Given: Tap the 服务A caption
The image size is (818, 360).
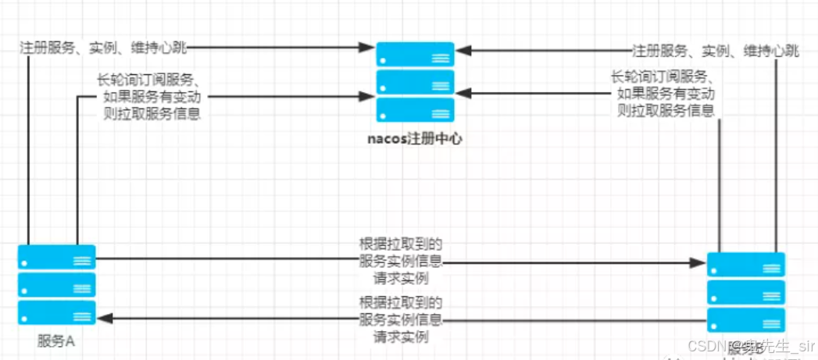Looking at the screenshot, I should point(55,341).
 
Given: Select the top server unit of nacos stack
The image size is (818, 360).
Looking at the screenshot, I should point(415,54).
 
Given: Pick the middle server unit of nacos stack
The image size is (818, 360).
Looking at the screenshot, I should point(415,82).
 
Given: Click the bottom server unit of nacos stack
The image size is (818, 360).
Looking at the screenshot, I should point(415,110).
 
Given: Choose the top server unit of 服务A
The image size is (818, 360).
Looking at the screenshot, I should point(56,257).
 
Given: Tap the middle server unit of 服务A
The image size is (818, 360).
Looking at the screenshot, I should point(56,285).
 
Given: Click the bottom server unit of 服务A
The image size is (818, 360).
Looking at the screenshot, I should point(56,313).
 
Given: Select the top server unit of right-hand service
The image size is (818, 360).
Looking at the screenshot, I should point(746,265).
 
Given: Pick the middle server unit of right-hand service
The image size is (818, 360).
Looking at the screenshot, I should point(746,293).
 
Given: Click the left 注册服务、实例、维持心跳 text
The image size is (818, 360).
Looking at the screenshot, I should point(103,48).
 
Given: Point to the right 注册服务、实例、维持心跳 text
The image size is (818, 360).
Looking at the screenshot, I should point(716,51).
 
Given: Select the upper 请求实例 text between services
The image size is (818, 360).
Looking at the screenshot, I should point(401,278).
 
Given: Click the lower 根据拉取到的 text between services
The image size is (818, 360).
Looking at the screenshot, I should point(401,302).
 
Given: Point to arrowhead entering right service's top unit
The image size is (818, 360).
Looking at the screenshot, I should point(700,264).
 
